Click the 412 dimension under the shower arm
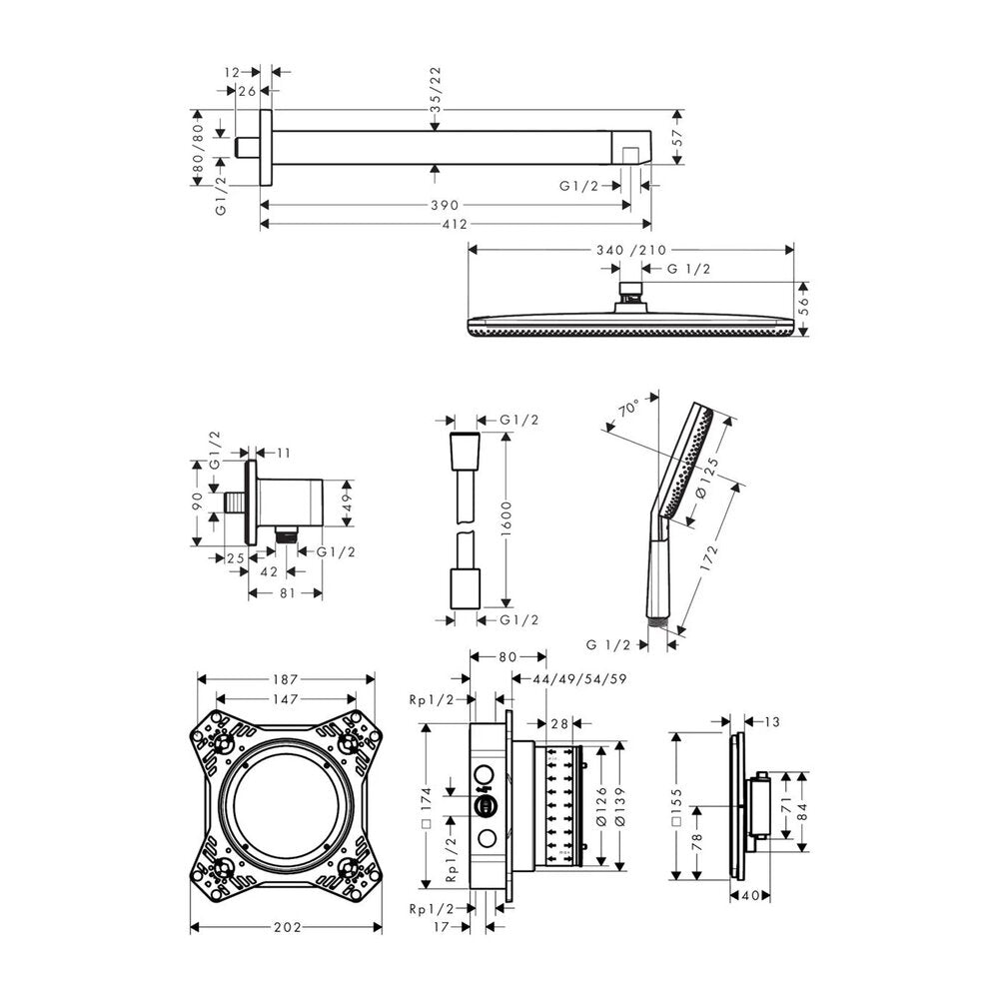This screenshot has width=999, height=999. point(455,224)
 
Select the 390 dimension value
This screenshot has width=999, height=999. point(445,205)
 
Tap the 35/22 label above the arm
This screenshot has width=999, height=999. point(436,90)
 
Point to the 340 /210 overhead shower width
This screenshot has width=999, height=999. point(630,250)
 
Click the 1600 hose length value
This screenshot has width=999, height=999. point(506,518)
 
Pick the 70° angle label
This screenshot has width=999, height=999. point(628,408)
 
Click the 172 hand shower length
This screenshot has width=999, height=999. point(709,557)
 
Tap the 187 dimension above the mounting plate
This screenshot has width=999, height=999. point(286,679)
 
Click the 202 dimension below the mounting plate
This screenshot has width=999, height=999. point(288,927)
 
